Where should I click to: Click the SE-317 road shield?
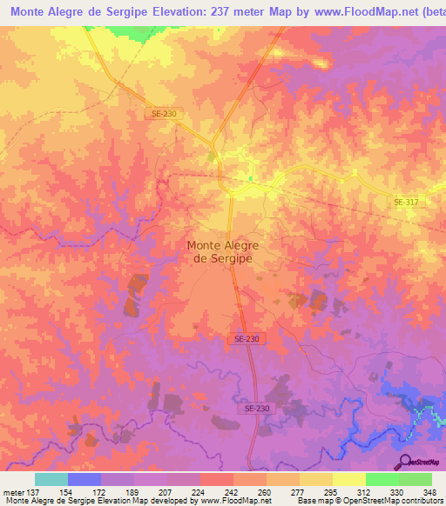click(405, 202)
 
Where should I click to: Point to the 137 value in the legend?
click(32, 492)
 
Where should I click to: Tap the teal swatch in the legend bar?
click(51, 479)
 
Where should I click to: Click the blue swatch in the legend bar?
click(84, 479)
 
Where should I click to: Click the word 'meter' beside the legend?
click(12, 492)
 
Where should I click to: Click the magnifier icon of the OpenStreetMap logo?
click(403, 461)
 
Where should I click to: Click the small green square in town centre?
click(250, 180)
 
